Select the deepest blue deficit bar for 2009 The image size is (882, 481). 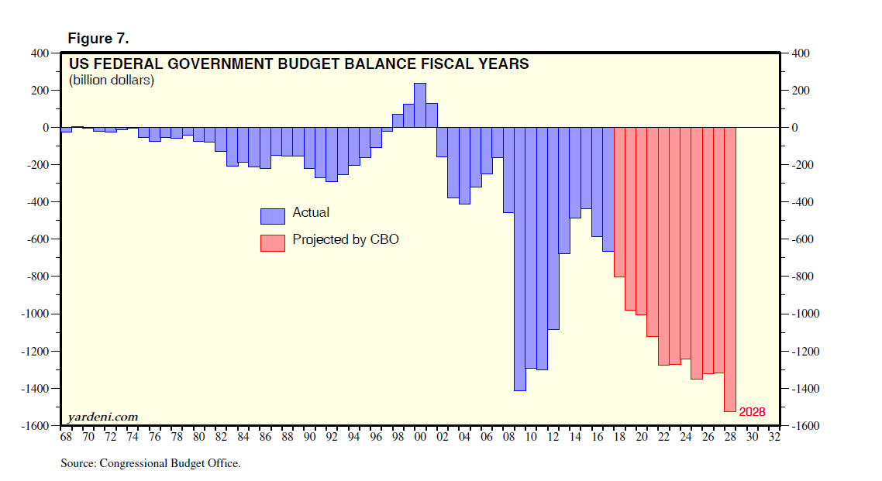[519, 259]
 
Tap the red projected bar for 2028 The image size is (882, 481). [729, 270]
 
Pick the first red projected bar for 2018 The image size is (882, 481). [618, 202]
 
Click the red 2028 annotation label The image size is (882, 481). [752, 412]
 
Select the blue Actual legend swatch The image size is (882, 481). [273, 215]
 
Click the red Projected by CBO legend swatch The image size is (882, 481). [273, 242]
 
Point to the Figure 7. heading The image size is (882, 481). [98, 39]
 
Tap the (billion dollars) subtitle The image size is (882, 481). [112, 80]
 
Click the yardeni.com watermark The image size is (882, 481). [103, 417]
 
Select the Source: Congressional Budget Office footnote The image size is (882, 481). [150, 464]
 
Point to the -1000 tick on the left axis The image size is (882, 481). [35, 314]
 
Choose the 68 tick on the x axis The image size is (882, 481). [67, 437]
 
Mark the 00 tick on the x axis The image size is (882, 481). [420, 437]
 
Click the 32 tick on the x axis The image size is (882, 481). [773, 437]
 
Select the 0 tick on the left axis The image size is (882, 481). [46, 128]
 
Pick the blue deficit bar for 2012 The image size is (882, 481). [553, 228]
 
